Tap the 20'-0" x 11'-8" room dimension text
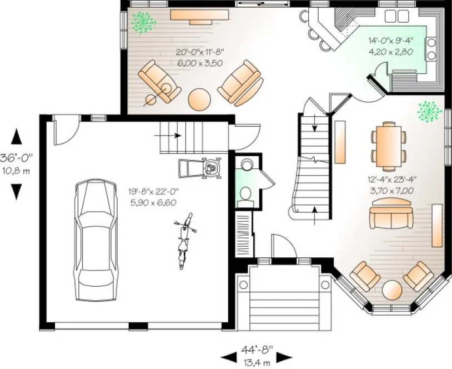point(200,58)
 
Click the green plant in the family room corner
point(143,22)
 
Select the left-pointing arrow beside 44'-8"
point(228,356)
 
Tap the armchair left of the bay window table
point(365,274)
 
